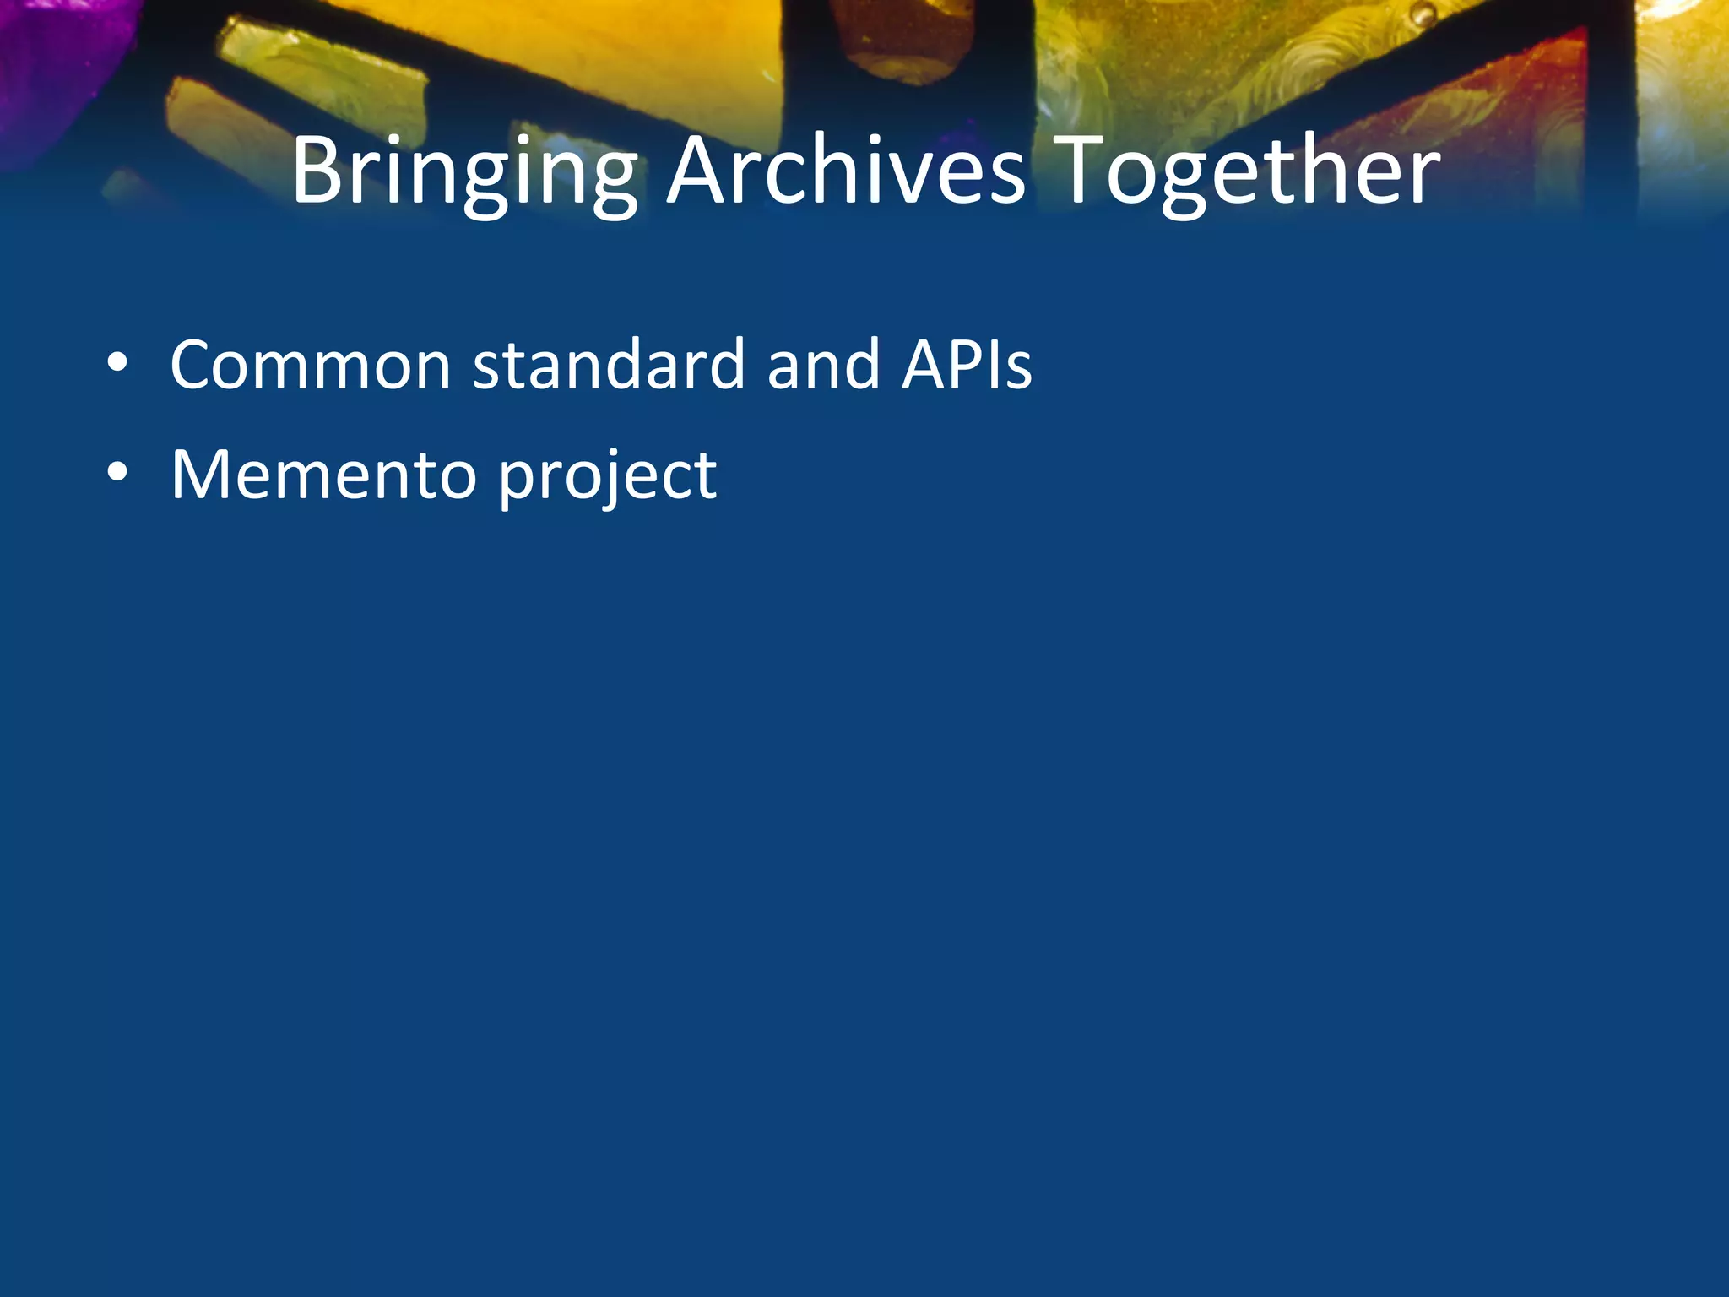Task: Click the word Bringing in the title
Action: (x=464, y=173)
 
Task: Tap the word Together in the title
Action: (x=1247, y=173)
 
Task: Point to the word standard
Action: (x=609, y=365)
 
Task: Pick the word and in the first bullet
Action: (x=824, y=365)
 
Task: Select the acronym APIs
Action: (x=967, y=365)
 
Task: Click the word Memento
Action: (x=324, y=475)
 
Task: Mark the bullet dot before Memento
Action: (x=117, y=474)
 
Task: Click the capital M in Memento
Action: (x=202, y=475)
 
